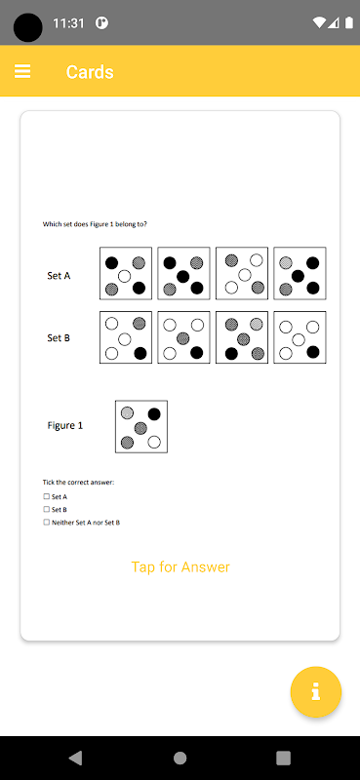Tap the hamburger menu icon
coord(22,71)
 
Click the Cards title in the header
coord(90,72)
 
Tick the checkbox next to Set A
coord(46,496)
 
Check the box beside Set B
coord(46,509)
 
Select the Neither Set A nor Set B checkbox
coord(46,523)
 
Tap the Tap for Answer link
coord(180,567)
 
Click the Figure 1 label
coord(65,426)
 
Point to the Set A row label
coord(59,276)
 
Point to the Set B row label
coord(59,338)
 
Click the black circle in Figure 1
coord(154,413)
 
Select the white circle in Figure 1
coord(154,442)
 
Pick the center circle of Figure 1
coord(140,427)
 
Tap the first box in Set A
coord(126,273)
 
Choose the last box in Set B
coord(300,337)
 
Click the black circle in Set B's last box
coord(313,352)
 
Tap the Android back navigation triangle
coord(75,758)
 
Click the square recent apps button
coord(283,758)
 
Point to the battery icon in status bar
coord(349,22)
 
